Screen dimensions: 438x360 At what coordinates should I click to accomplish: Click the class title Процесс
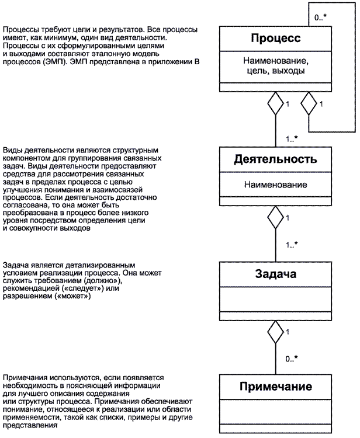(275, 39)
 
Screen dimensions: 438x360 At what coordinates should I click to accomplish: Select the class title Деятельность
(275, 159)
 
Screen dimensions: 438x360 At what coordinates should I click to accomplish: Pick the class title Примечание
(275, 387)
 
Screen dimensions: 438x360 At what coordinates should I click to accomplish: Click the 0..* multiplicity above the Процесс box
(321, 18)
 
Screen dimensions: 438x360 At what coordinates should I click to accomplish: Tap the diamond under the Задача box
(275, 333)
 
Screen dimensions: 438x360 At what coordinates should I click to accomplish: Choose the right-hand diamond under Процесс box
(309, 104)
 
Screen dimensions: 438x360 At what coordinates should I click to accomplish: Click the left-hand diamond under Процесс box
(275, 104)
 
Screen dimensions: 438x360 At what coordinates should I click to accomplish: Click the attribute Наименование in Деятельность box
(275, 185)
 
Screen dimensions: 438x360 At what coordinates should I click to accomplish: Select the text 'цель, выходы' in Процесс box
(275, 71)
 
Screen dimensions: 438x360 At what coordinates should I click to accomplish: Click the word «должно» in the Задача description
(107, 281)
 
